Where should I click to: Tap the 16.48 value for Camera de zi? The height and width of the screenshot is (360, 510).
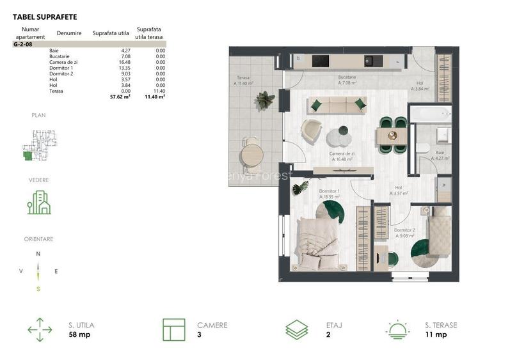tap(122, 62)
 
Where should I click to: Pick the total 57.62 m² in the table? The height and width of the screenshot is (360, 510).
tap(120, 97)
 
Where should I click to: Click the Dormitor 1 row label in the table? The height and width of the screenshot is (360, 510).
tap(61, 68)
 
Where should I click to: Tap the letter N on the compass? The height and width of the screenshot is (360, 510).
tap(38, 254)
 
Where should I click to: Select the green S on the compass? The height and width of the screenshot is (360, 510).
tap(38, 289)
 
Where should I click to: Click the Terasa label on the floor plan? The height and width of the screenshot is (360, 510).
tap(243, 78)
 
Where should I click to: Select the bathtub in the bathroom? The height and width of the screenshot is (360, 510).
tap(432, 115)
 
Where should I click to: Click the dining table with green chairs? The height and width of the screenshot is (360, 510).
tap(391, 136)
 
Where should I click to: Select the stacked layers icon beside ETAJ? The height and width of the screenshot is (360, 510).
tap(297, 329)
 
